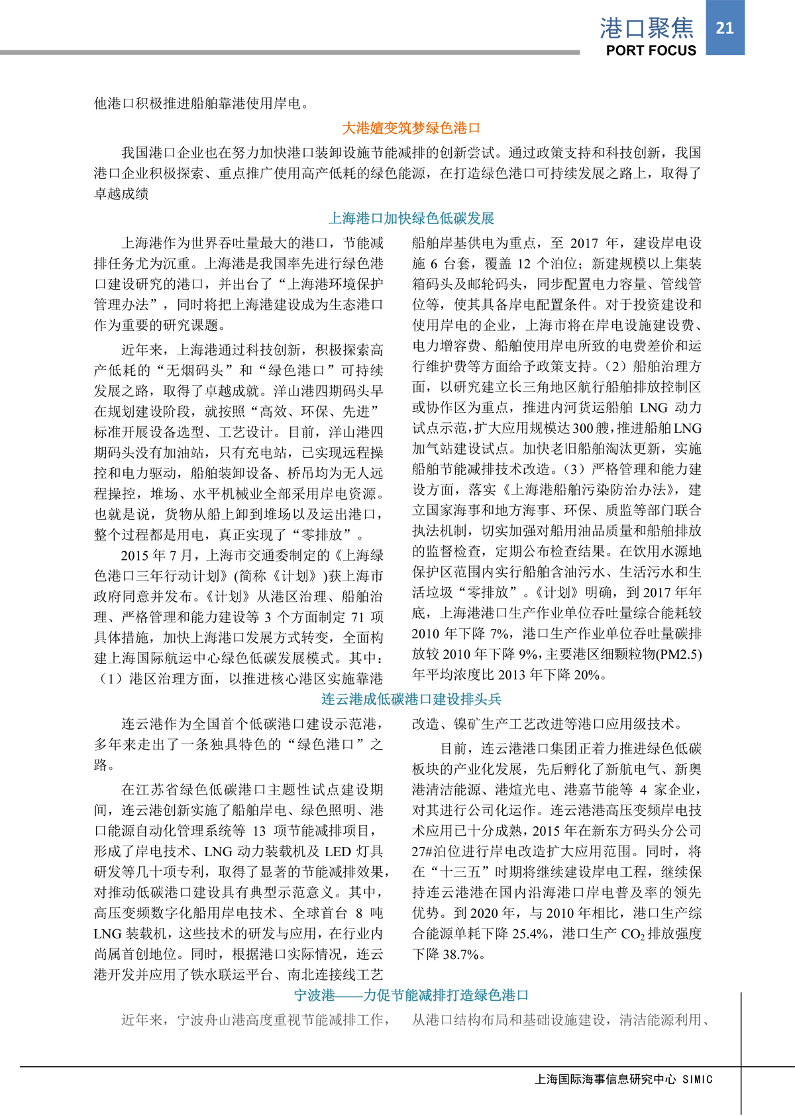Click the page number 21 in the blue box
click(725, 27)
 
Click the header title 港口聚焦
click(647, 28)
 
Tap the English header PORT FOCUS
click(651, 50)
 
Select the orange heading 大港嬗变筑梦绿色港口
click(411, 128)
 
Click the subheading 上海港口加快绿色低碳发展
click(411, 218)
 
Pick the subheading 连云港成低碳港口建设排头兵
click(411, 699)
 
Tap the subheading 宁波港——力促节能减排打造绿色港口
click(411, 995)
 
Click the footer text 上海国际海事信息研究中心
click(605, 1079)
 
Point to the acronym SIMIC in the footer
click(698, 1080)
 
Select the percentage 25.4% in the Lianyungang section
click(529, 934)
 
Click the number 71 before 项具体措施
click(358, 617)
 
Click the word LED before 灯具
click(338, 852)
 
